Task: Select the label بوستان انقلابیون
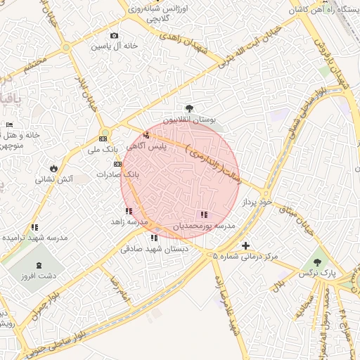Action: (191, 120)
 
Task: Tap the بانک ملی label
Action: (101, 149)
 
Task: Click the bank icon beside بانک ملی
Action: (103, 139)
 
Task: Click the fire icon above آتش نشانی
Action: (54, 168)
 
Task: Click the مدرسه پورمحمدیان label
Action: (203, 226)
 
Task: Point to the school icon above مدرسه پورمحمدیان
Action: (203, 215)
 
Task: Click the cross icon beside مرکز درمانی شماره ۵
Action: (245, 245)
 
